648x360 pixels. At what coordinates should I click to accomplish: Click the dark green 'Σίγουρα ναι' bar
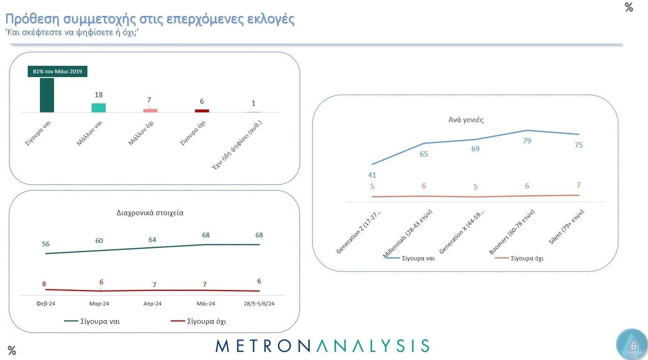point(47,95)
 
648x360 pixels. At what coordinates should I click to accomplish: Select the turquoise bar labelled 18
point(99,108)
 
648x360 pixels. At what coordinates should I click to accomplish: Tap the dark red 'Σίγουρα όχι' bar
point(202,111)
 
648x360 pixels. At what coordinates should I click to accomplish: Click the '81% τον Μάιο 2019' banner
point(57,71)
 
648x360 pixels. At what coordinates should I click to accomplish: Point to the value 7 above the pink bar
point(149,100)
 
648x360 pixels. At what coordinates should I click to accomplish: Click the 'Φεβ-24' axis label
point(46,304)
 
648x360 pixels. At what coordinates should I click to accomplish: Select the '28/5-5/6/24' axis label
point(259,304)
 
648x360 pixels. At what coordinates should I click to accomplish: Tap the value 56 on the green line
point(46,244)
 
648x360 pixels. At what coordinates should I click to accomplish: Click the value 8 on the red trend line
point(44,283)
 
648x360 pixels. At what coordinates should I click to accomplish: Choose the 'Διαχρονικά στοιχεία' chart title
point(150,212)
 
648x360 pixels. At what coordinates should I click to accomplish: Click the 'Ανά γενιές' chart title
point(466,120)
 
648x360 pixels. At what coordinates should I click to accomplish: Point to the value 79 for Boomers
point(527,141)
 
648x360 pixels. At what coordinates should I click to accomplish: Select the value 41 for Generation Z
point(372,175)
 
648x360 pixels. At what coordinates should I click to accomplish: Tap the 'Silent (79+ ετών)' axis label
point(566,227)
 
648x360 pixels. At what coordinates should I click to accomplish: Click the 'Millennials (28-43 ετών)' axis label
point(408,233)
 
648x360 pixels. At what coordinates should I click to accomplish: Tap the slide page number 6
point(633,346)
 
